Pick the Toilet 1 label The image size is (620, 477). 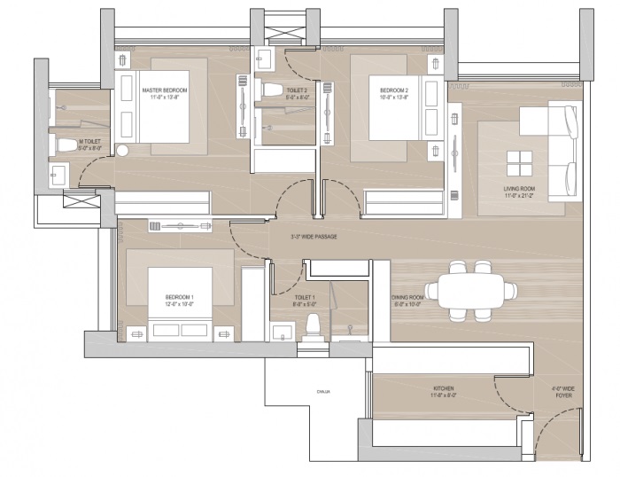coord(305,301)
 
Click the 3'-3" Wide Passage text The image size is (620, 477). coord(314,237)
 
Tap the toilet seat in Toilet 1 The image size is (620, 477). coord(311,325)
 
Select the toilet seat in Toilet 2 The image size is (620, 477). coord(272,89)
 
